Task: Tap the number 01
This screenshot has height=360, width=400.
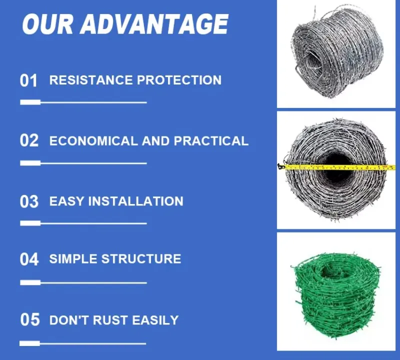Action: (x=29, y=80)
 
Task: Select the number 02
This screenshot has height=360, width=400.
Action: (x=29, y=140)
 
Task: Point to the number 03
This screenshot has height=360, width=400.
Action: (x=29, y=201)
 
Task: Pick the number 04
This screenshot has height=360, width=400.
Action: (x=29, y=259)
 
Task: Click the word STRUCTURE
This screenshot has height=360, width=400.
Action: (x=141, y=259)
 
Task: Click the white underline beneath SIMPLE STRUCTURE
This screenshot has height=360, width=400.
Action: (x=83, y=282)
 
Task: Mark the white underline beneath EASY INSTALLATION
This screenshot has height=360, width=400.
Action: (x=83, y=223)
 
